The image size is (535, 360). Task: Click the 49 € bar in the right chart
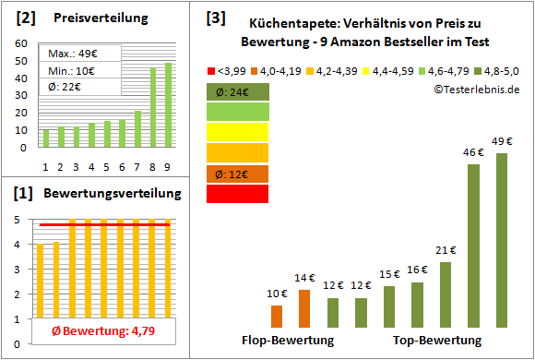coord(502,240)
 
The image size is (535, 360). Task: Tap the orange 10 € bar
coord(277,317)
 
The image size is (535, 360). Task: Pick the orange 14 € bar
coord(304,308)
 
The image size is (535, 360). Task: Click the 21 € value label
coord(445,249)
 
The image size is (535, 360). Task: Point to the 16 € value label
coord(417,270)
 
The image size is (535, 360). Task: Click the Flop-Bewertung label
coord(287,341)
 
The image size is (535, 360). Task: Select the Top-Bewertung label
coord(437,341)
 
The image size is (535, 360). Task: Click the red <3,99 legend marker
coord(210,69)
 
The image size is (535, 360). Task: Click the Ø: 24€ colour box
coord(237,91)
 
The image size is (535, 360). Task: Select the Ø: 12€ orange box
coord(237,174)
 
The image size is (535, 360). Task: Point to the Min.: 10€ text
coord(73,70)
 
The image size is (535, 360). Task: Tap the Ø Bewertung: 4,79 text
coord(103,330)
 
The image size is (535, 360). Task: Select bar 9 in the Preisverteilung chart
coord(168,104)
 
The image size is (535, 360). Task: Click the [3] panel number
coord(215,18)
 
